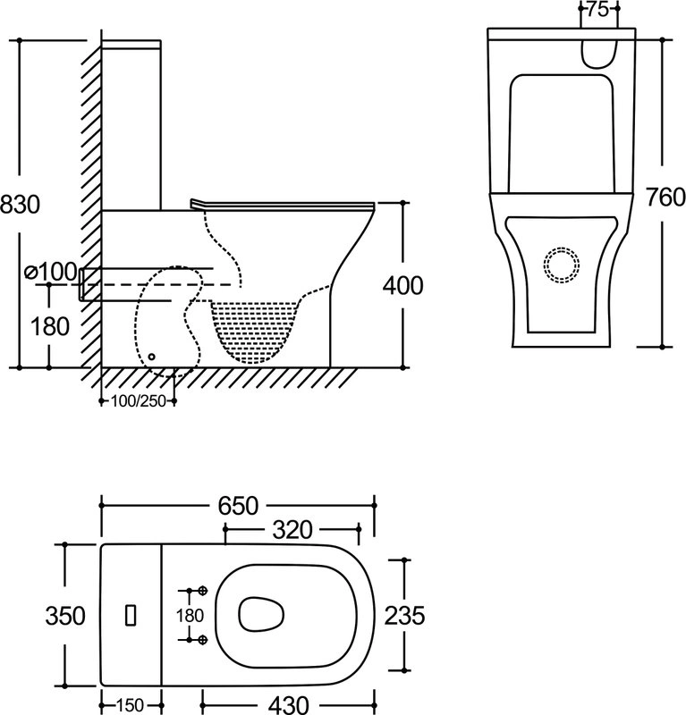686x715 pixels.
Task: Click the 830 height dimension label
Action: click(x=21, y=205)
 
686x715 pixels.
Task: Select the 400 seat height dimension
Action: click(x=402, y=285)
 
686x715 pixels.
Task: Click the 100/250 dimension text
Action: click(x=138, y=400)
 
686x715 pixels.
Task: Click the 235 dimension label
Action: click(x=404, y=615)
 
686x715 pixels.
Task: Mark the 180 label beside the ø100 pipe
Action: click(x=49, y=326)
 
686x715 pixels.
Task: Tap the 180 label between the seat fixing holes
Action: click(x=191, y=615)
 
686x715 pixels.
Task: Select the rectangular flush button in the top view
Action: click(x=131, y=615)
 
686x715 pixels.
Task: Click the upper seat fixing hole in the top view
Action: click(x=202, y=591)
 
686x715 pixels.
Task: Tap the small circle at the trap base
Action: click(x=150, y=356)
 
